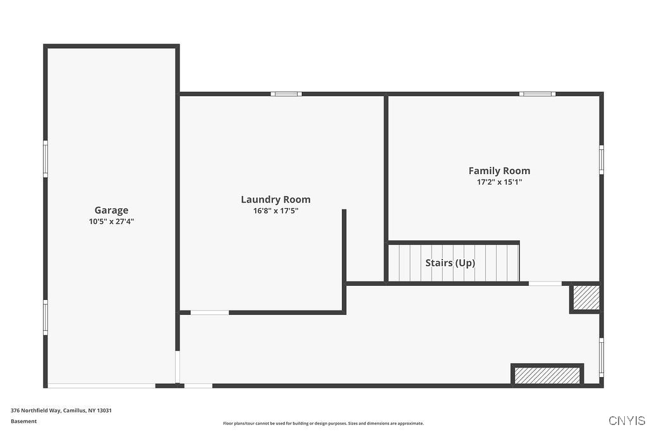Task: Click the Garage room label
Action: click(111, 211)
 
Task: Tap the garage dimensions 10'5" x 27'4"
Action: click(111, 222)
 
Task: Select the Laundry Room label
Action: click(275, 200)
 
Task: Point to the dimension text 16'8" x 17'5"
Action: click(275, 211)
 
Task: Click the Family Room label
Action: click(499, 171)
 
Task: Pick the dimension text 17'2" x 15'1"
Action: click(499, 182)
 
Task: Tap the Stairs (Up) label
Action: click(450, 263)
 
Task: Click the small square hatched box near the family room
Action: click(586, 297)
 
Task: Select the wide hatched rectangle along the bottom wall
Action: click(547, 375)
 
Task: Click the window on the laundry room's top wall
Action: click(286, 94)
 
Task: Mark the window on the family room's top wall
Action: click(538, 94)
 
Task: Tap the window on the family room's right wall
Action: click(601, 159)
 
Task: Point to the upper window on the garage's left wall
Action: click(45, 158)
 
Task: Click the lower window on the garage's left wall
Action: click(45, 317)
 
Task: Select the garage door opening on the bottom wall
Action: click(101, 385)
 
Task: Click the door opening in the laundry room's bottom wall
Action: click(210, 312)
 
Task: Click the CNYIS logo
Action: click(626, 421)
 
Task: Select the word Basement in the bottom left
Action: click(24, 421)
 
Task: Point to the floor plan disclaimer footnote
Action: click(323, 424)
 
